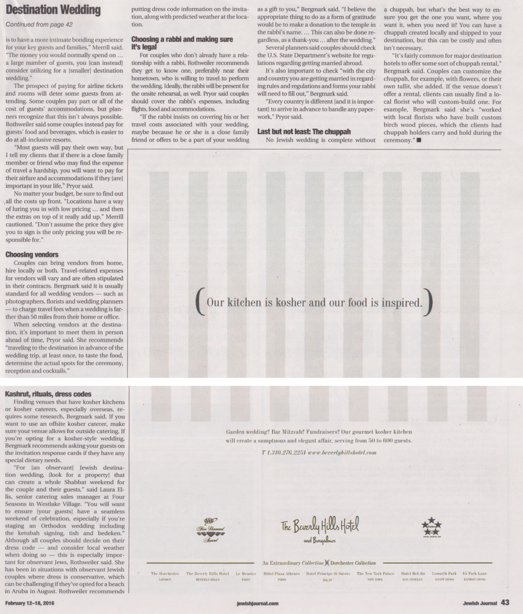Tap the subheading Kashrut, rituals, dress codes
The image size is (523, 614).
48,394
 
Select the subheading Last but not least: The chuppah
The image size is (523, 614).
304,132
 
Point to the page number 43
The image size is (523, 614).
505,602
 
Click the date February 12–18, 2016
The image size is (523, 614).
30,603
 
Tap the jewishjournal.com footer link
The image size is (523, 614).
257,603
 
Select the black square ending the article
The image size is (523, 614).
419,140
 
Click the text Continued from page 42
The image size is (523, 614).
39,25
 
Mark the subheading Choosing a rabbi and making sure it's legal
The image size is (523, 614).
182,43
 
